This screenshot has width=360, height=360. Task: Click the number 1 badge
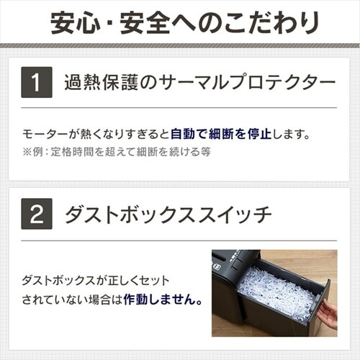[x=37, y=82]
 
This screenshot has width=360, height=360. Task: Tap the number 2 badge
[x=37, y=214]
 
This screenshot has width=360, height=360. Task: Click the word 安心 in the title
[x=75, y=23]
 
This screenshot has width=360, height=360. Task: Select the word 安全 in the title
[x=145, y=23]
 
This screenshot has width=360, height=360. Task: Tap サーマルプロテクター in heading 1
[x=247, y=82]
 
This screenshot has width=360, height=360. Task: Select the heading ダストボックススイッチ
[x=168, y=215]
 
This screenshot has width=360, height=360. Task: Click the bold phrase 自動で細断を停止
[x=221, y=134]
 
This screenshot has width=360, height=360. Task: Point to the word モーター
[x=45, y=134]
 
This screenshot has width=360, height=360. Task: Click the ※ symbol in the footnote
[x=27, y=152]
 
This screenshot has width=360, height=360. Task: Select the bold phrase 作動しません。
[x=163, y=300]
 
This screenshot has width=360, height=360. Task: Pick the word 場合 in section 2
[x=99, y=300]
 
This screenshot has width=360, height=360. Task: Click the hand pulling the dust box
[x=328, y=314]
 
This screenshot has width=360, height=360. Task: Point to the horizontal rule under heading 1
[x=179, y=108]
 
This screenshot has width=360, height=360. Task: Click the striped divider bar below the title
[x=180, y=45]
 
